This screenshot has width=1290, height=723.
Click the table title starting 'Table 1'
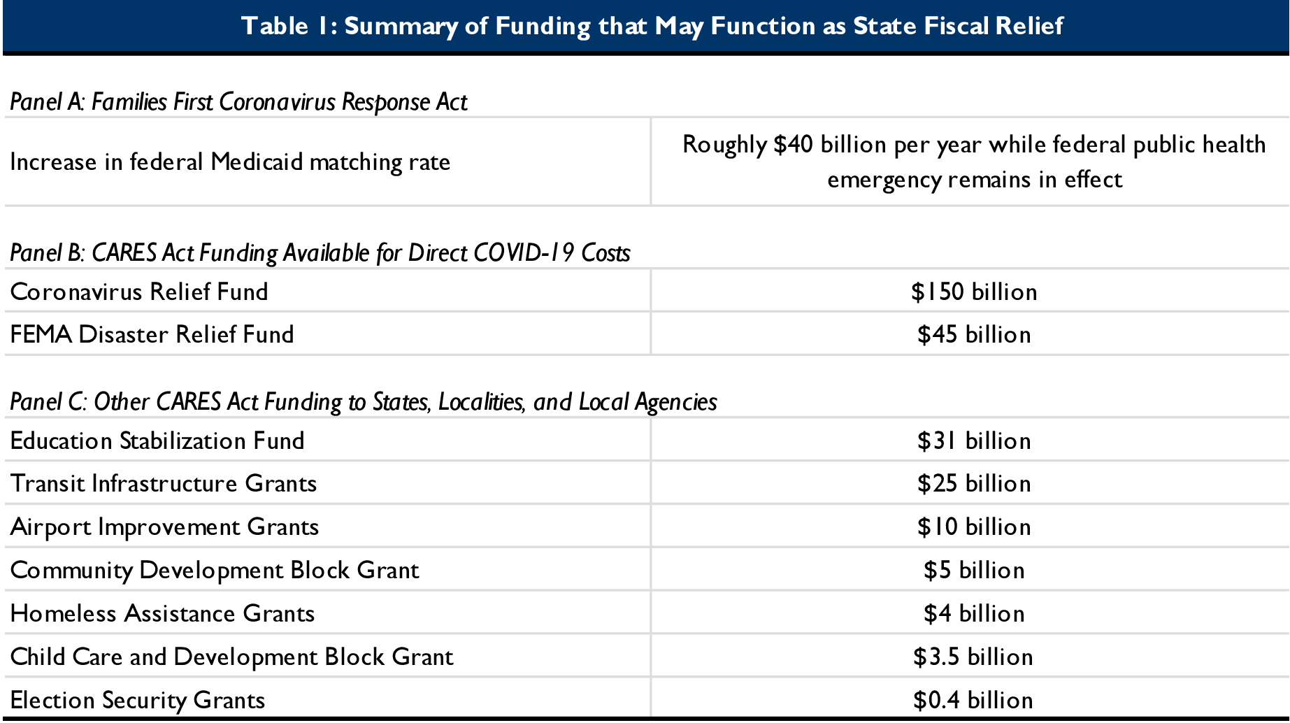click(x=652, y=26)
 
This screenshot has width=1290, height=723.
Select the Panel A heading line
click(x=238, y=102)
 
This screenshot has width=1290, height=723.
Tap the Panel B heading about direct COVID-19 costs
click(x=320, y=253)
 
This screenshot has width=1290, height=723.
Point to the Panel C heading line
click(x=364, y=402)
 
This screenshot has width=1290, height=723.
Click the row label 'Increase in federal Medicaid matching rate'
click(x=230, y=162)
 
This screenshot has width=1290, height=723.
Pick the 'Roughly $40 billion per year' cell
click(x=973, y=162)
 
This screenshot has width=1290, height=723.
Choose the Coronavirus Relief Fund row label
click(x=139, y=292)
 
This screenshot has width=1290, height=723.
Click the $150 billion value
click(x=973, y=292)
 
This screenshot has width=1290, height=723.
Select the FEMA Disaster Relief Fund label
click(x=152, y=334)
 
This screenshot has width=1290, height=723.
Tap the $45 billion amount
click(x=973, y=334)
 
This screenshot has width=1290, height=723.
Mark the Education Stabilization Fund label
click(x=157, y=441)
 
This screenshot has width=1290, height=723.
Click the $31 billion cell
click(x=973, y=441)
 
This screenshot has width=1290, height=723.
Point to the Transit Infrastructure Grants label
click(x=164, y=484)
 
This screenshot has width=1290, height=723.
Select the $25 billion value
click(x=973, y=484)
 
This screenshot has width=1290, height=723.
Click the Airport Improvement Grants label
click(x=164, y=527)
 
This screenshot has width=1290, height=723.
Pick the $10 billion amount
click(x=973, y=527)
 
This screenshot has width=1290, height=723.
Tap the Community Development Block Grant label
click(x=215, y=571)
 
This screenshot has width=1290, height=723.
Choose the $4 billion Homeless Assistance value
click(x=973, y=614)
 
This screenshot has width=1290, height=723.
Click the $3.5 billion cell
click(x=973, y=657)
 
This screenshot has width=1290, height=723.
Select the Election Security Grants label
click(x=138, y=701)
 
